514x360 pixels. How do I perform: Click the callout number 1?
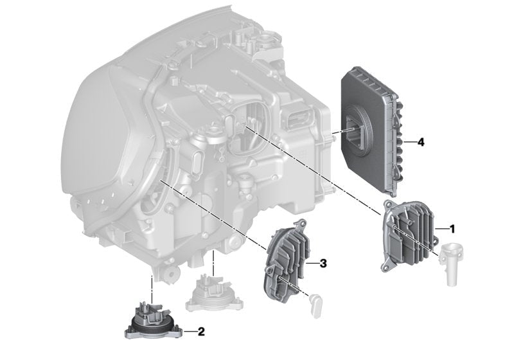452,229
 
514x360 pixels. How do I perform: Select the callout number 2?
201,332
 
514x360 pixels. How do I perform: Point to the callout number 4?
421,142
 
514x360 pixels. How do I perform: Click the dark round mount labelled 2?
152,321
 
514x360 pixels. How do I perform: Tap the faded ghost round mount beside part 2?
215,294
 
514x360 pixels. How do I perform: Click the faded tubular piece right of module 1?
452,262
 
